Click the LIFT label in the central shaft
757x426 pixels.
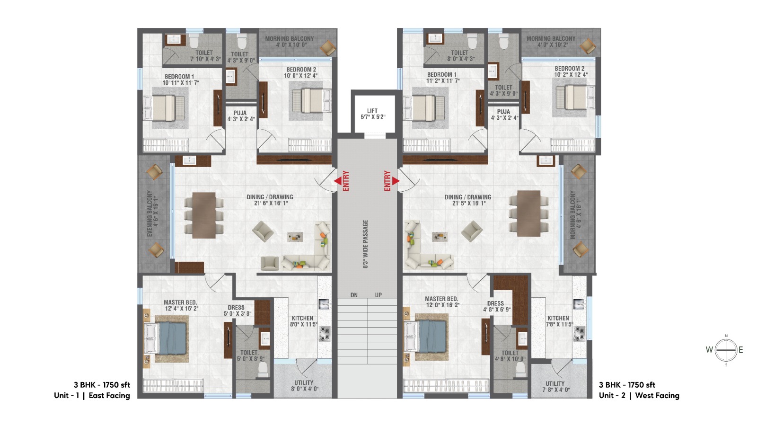[x=372, y=111]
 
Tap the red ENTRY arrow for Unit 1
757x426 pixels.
[x=338, y=181]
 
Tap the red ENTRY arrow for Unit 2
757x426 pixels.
[x=396, y=181]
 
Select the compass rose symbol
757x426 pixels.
[x=726, y=350]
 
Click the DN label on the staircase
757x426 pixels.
[x=354, y=295]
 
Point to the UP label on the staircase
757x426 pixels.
[x=378, y=295]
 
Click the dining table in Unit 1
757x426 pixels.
[x=204, y=215]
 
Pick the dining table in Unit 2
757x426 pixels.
[x=528, y=213]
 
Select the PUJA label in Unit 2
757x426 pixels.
[x=503, y=112]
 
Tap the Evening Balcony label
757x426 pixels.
[x=150, y=213]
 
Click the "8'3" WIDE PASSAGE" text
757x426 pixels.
[x=365, y=244]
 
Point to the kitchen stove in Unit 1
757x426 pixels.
[x=325, y=334]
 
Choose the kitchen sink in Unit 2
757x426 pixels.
[x=579, y=304]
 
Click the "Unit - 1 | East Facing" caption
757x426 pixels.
[x=92, y=396]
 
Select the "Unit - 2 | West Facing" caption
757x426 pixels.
[x=639, y=396]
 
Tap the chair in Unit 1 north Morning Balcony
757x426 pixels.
[x=327, y=48]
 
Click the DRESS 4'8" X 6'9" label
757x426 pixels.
[x=497, y=307]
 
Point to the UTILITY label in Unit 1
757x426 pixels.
[x=304, y=383]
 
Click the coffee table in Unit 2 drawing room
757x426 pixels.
[x=440, y=237]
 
